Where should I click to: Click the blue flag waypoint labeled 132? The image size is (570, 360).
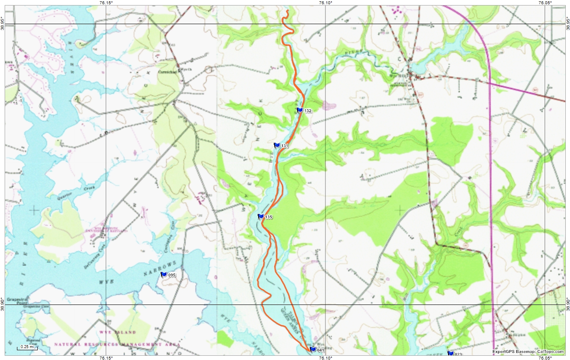pos(300,110)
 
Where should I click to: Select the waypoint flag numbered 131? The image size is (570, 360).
pos(277,145)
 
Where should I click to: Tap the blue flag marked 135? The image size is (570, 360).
pos(261,216)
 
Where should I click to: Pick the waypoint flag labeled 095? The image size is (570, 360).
pos(164,274)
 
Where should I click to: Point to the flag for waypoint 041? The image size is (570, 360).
pos(313,349)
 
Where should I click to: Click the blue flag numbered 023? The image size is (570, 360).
pos(450,353)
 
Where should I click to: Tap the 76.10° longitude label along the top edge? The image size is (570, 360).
pos(325,3)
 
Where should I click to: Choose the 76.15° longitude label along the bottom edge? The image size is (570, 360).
pos(106,357)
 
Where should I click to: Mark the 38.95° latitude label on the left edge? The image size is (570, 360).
pos(3,20)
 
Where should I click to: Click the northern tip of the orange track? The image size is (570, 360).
pos(288,10)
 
